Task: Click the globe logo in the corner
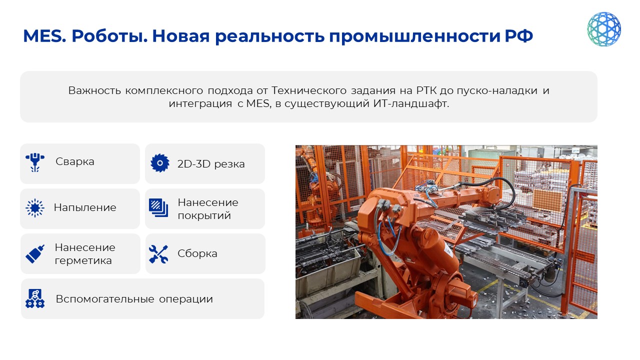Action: click(603, 29)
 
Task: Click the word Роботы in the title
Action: click(109, 36)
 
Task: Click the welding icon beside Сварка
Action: click(35, 162)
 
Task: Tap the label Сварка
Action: click(75, 161)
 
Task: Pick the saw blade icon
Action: click(159, 163)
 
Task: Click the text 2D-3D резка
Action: click(211, 164)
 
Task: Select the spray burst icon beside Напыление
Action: click(35, 207)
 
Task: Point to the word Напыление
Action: click(85, 207)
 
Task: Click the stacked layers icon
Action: click(158, 207)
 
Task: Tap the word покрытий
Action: click(204, 215)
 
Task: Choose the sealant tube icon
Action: click(35, 253)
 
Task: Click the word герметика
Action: click(83, 260)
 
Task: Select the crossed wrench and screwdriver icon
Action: click(158, 254)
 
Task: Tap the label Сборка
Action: click(197, 253)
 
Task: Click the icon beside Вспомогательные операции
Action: click(35, 298)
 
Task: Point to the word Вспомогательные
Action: click(105, 299)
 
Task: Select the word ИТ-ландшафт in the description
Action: click(411, 103)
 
